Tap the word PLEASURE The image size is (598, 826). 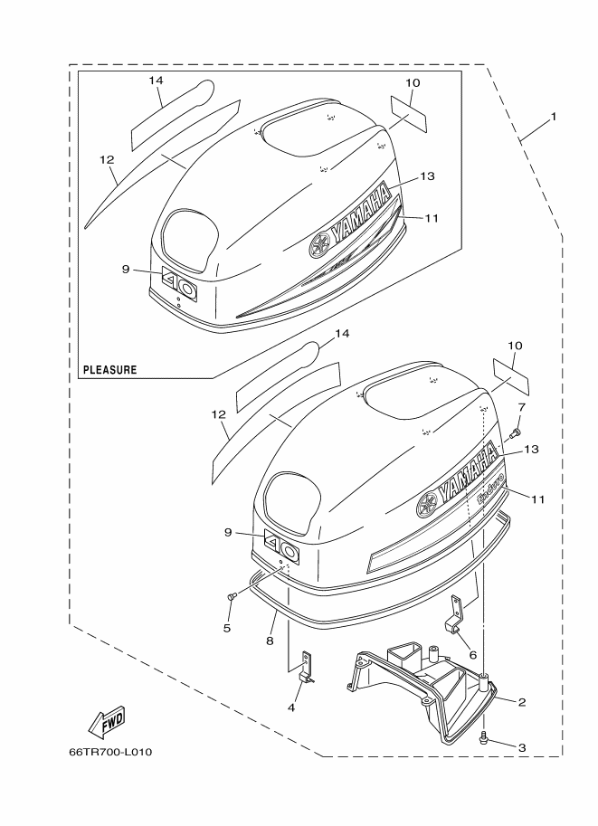[110, 370]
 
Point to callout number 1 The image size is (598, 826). [553, 117]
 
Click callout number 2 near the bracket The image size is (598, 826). [522, 702]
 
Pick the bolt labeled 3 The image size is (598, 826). [485, 739]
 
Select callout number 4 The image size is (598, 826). [291, 707]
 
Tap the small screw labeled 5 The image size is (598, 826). [232, 596]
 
